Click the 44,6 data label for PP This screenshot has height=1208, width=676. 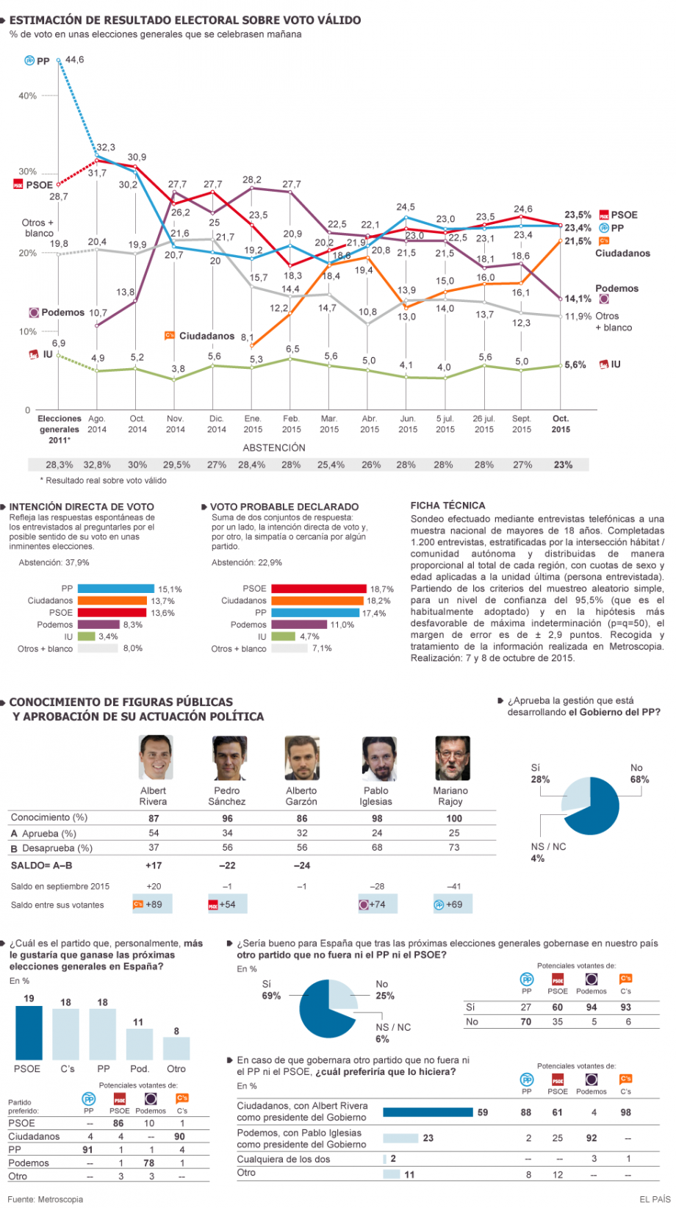click(74, 60)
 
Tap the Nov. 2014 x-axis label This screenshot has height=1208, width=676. click(175, 424)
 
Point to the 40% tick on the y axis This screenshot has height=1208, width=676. click(27, 96)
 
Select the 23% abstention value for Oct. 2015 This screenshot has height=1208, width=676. click(563, 464)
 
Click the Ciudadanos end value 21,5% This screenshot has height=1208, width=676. click(578, 241)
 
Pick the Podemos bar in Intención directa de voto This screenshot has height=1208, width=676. click(98, 625)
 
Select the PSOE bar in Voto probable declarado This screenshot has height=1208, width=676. click(319, 589)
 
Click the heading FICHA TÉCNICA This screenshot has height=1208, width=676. click(447, 506)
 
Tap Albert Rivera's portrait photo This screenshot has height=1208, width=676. click(156, 757)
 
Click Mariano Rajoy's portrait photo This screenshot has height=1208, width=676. click(453, 758)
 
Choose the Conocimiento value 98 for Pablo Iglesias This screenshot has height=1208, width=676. click(377, 818)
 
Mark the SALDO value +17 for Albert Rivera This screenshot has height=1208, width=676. click(153, 865)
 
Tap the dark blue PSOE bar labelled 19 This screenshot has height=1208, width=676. click(29, 1032)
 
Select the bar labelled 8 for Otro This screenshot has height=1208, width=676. click(176, 1049)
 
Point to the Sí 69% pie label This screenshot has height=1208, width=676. click(271, 990)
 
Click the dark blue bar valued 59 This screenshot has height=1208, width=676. click(428, 1112)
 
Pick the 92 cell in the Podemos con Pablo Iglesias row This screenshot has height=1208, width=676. click(591, 1138)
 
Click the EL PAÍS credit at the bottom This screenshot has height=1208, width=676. click(655, 1199)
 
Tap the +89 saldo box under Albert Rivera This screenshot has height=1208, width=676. click(153, 904)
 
